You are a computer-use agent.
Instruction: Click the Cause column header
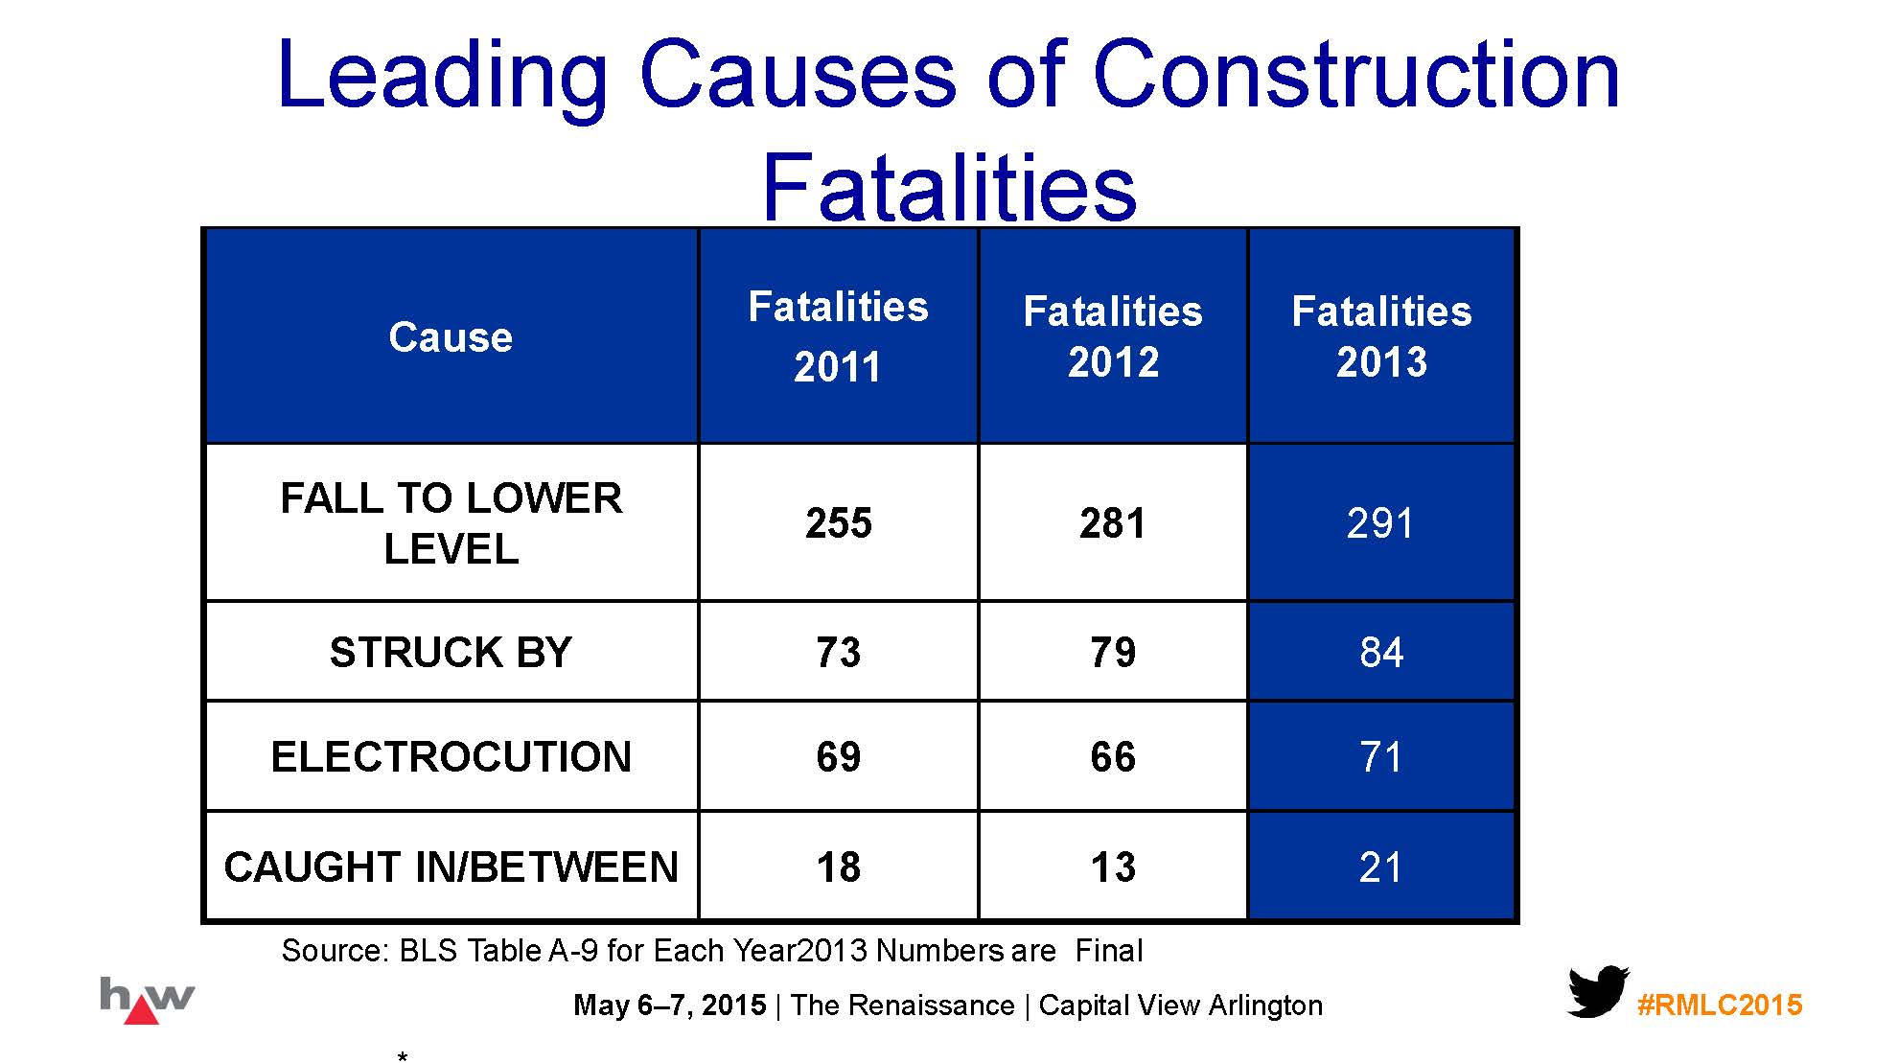[451, 337]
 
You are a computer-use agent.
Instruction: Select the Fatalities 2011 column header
[838, 336]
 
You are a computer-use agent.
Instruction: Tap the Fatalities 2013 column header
[1381, 336]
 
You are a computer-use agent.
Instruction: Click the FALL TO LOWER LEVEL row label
[451, 523]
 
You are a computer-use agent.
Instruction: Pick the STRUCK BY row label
[451, 653]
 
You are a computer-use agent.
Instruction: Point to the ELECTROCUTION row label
[451, 757]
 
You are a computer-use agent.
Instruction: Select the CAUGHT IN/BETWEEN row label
[451, 867]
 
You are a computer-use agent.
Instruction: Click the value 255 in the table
[838, 523]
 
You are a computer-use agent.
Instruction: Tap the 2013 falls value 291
[1380, 523]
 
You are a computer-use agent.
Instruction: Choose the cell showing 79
[1113, 653]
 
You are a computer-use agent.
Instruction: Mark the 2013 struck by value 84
[1381, 653]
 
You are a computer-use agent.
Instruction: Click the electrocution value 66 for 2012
[1113, 757]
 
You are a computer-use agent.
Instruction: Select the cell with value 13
[1113, 867]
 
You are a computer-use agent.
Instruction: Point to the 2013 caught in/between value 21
[1380, 867]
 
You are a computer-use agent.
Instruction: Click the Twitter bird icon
[1597, 992]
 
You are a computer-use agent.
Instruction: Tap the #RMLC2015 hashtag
[1720, 1005]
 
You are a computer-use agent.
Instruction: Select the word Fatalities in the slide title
[949, 187]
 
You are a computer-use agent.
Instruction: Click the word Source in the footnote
[334, 951]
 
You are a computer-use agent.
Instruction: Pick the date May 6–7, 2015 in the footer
[669, 1005]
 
